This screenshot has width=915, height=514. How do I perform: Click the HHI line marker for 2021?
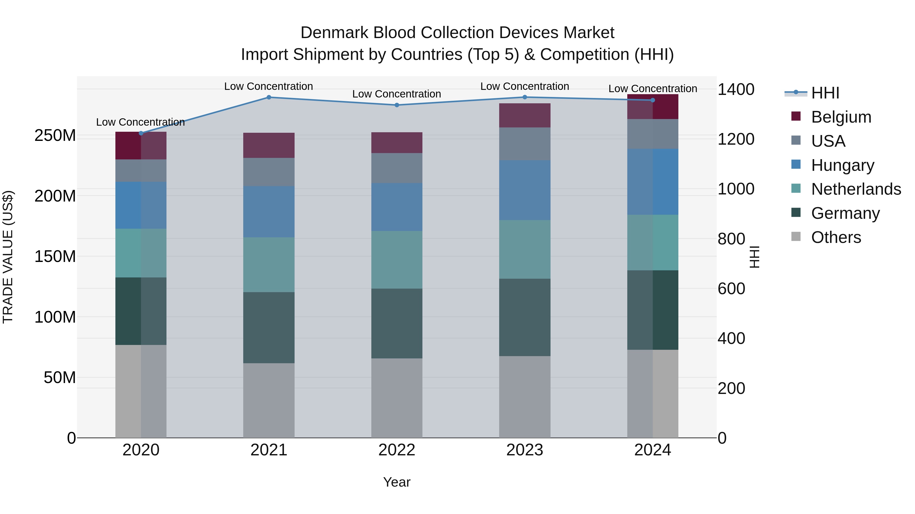[x=269, y=97]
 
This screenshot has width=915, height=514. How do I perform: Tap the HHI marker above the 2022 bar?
[x=397, y=105]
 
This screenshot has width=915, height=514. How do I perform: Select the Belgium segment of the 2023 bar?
[x=525, y=115]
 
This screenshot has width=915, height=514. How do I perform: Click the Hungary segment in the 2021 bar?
[x=269, y=211]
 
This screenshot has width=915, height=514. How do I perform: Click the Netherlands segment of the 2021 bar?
[x=269, y=265]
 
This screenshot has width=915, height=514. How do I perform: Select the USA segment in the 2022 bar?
[x=397, y=168]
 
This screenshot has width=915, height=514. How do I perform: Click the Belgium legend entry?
[x=841, y=117]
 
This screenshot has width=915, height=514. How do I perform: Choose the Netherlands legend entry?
[x=856, y=189]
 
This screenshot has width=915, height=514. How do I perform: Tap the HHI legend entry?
[x=825, y=93]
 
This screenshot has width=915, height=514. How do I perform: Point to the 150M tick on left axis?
[x=55, y=256]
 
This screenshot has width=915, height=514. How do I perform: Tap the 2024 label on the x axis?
[x=652, y=450]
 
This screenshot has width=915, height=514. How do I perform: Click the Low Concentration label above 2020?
[x=140, y=122]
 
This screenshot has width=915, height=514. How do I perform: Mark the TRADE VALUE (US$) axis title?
[x=8, y=257]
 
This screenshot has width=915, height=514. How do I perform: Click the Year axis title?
[x=397, y=482]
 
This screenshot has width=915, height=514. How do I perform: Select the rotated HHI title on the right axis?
[x=754, y=257]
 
